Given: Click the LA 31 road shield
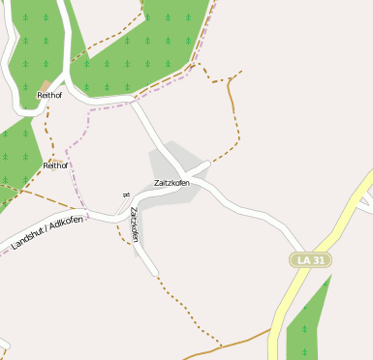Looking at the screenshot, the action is click(310, 260).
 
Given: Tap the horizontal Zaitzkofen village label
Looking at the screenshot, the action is click(171, 183).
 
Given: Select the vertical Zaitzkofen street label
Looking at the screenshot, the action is click(135, 224).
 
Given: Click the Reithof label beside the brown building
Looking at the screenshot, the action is click(49, 96).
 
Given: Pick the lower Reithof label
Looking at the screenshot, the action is click(56, 165).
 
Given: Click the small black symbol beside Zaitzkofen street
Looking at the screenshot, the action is click(126, 195).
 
